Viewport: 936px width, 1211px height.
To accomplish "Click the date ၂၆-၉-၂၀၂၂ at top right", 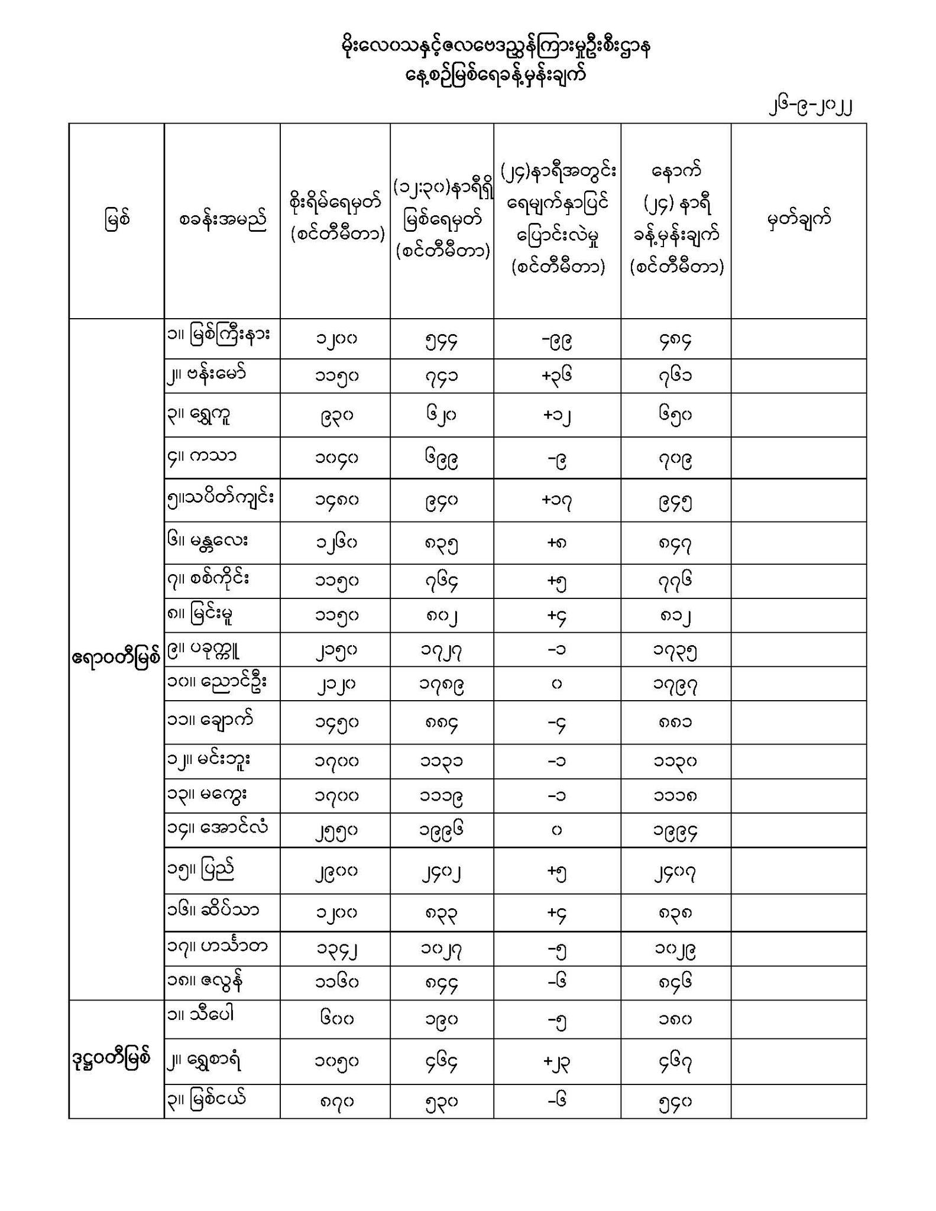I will (810, 107).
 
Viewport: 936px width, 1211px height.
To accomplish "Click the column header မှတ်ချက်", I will (799, 219).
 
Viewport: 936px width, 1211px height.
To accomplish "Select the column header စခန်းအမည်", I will (222, 219).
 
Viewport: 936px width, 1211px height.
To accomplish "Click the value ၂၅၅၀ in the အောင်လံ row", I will (336, 831).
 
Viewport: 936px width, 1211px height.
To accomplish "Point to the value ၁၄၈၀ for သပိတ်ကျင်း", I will (336, 501).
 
